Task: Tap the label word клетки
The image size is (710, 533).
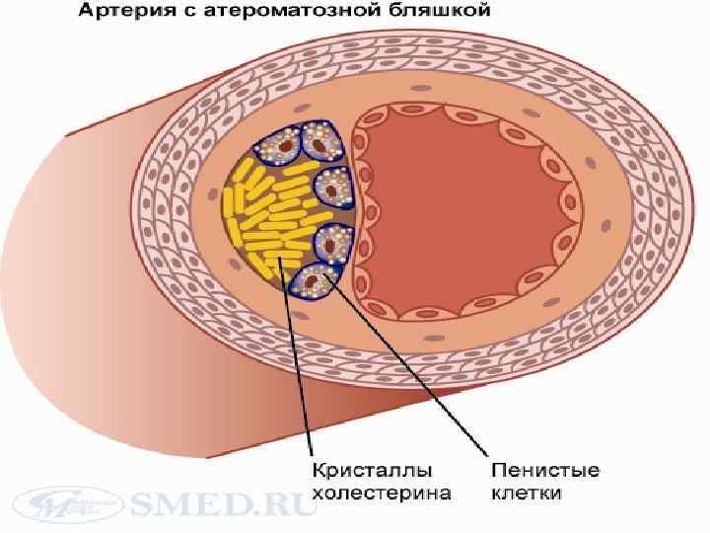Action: pos(520,491)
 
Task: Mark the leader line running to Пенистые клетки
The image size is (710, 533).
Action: pos(414,375)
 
